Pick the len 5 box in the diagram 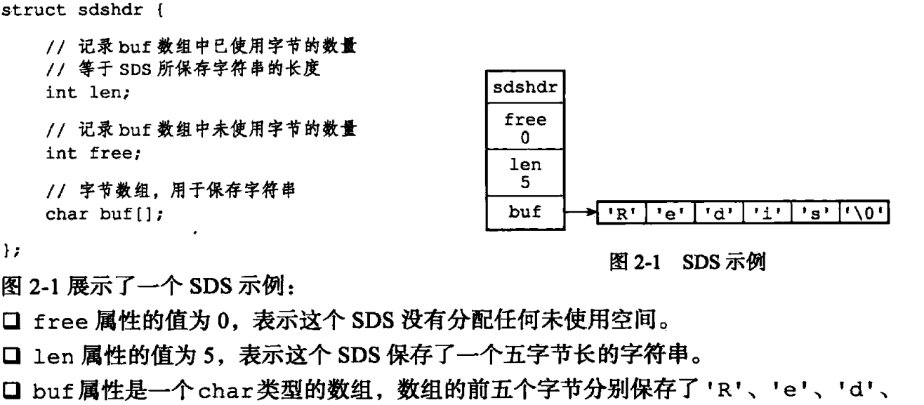pyautogui.click(x=522, y=171)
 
